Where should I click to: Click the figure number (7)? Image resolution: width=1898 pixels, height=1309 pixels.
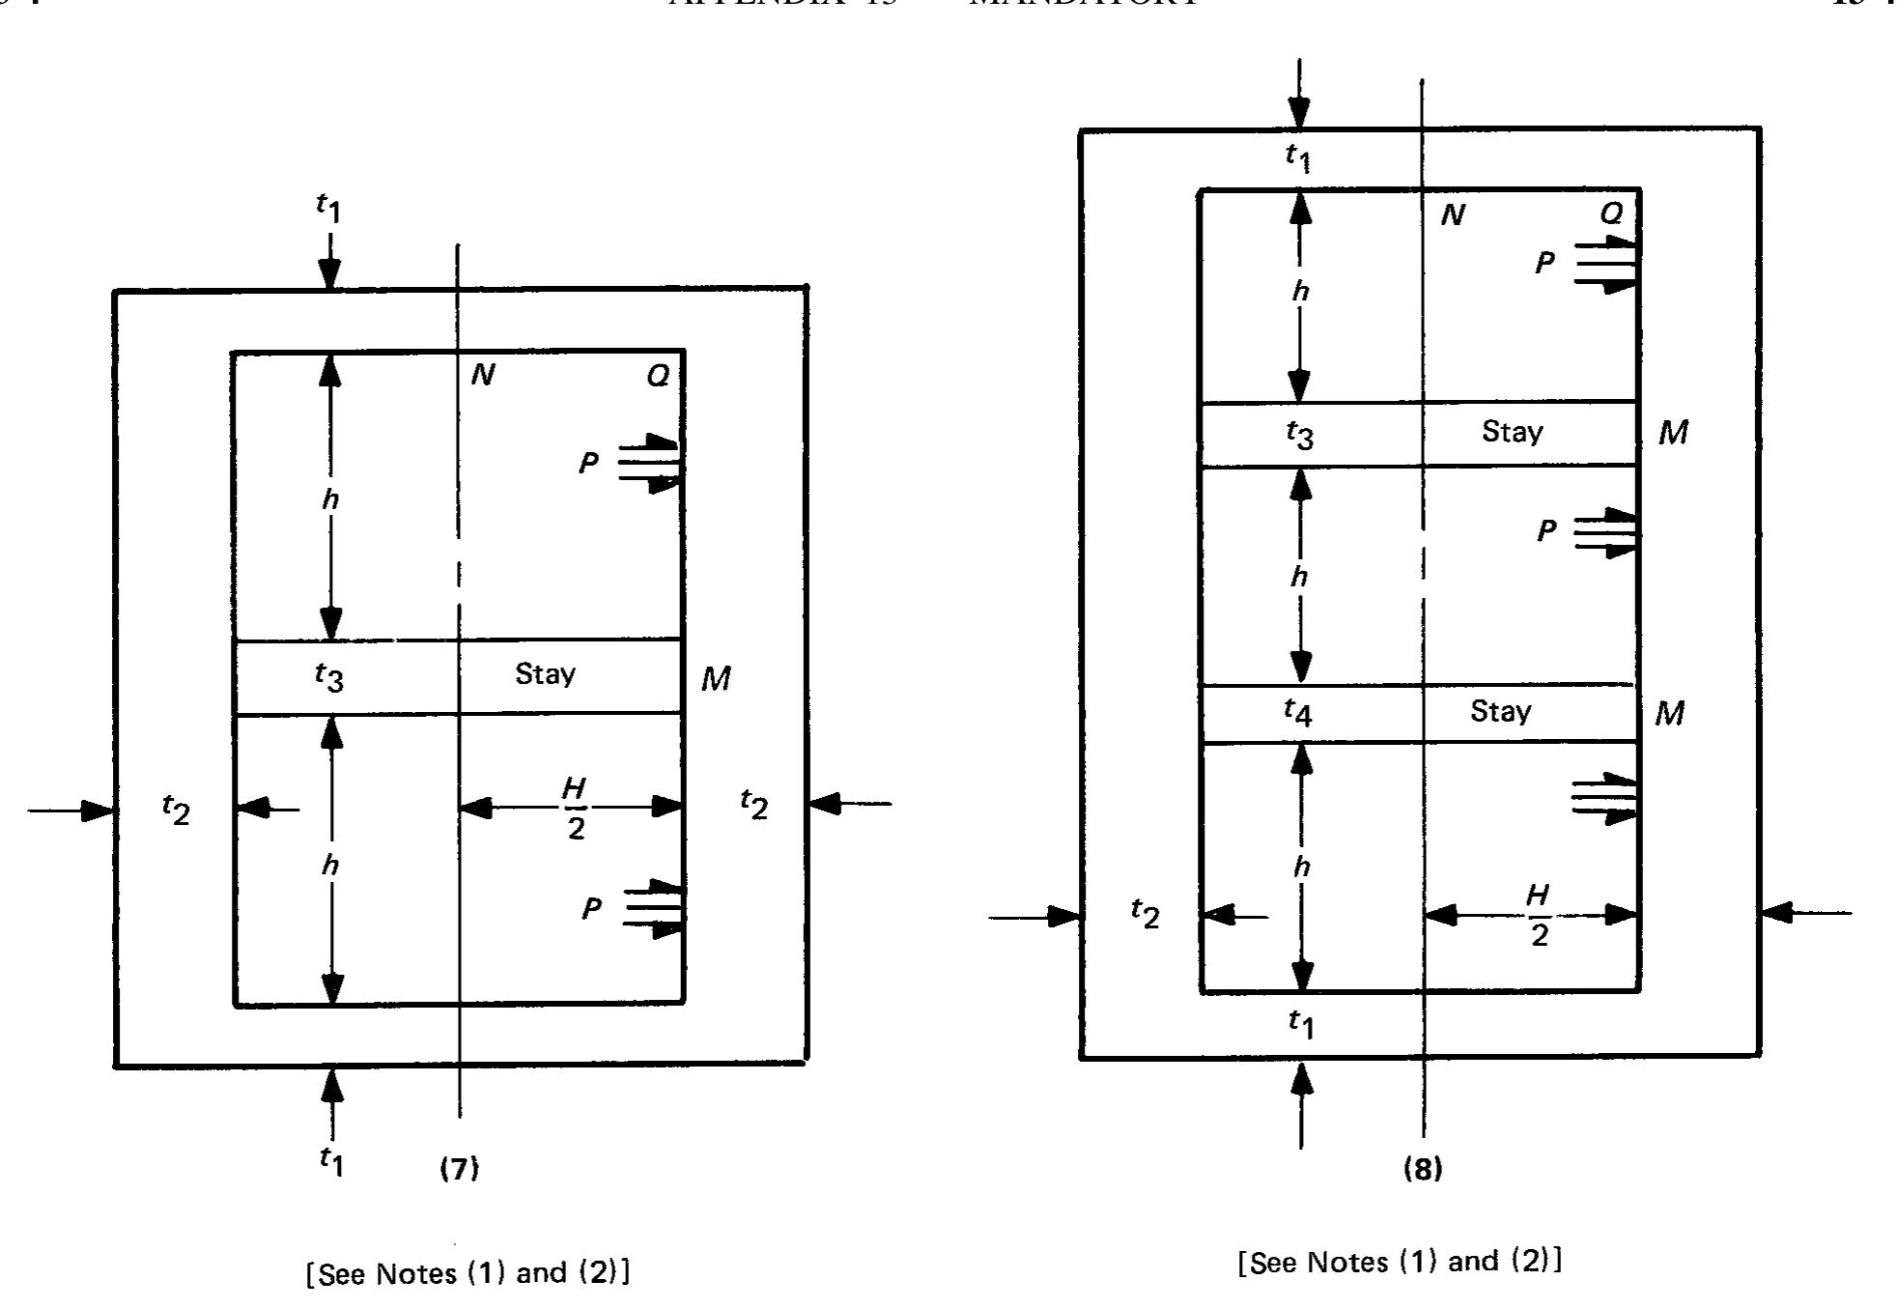[x=459, y=1169]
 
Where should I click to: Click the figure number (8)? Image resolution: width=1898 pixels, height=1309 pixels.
[x=1422, y=1169]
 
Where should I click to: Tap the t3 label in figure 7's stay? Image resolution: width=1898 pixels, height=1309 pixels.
[x=329, y=677]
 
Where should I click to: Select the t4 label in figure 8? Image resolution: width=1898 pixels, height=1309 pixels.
[x=1298, y=713]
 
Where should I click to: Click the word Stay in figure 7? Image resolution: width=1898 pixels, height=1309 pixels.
[x=545, y=673]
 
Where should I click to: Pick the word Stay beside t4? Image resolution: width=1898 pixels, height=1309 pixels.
[x=1500, y=712]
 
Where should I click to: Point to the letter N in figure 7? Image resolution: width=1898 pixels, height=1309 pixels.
[x=482, y=375]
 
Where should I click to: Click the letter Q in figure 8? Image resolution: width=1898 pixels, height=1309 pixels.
[x=1611, y=213]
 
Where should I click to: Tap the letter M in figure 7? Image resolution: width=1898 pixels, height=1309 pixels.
[x=716, y=679]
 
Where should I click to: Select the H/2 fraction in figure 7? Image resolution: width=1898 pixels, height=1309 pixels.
[x=575, y=809]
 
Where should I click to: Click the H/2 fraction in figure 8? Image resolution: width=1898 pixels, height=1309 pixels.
[x=1538, y=915]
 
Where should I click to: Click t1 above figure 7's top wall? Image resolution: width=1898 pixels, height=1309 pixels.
[x=329, y=208]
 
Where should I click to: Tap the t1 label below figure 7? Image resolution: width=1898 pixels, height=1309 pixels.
[x=331, y=1161]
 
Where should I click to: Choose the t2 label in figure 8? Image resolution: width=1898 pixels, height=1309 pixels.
[x=1145, y=913]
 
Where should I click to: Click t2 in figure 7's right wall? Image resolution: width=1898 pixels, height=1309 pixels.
[x=753, y=804]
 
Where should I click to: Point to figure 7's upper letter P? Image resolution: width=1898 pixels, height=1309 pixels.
[x=588, y=464]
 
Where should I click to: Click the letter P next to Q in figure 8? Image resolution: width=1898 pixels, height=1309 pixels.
[x=1545, y=263]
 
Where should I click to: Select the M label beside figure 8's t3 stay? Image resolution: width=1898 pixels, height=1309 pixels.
[x=1673, y=432]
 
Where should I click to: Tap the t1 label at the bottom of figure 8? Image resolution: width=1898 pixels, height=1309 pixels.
[x=1301, y=1023]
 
